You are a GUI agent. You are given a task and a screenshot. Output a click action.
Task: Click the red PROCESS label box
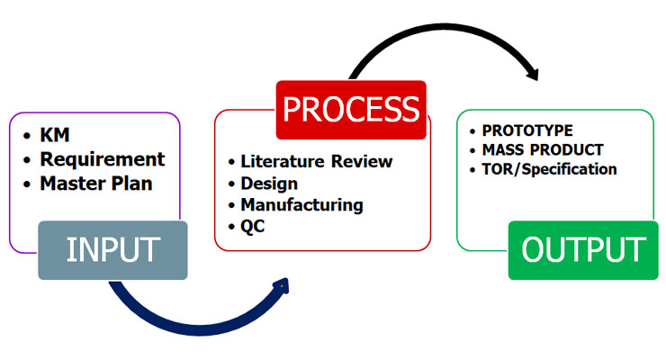click(349, 110)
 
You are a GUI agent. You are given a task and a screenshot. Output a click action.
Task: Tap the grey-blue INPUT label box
click(112, 249)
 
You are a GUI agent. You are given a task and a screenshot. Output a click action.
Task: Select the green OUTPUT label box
click(583, 249)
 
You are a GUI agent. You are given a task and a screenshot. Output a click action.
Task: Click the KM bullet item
click(56, 136)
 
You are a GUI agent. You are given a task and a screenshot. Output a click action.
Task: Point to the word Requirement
click(103, 159)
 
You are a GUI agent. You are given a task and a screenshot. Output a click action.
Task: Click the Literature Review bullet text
click(317, 161)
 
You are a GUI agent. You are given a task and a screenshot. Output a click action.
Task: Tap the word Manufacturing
click(301, 204)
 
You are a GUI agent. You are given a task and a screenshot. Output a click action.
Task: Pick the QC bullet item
click(254, 227)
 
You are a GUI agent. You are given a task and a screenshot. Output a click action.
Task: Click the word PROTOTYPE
click(527, 130)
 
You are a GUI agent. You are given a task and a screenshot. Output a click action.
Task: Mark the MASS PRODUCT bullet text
click(543, 149)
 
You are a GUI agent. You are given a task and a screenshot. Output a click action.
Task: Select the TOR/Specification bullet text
click(550, 168)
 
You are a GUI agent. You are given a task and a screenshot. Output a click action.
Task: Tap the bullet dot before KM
click(26, 137)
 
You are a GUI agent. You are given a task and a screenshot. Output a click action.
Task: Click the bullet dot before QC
click(230, 228)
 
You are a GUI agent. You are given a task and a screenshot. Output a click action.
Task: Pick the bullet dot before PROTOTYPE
click(473, 131)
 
